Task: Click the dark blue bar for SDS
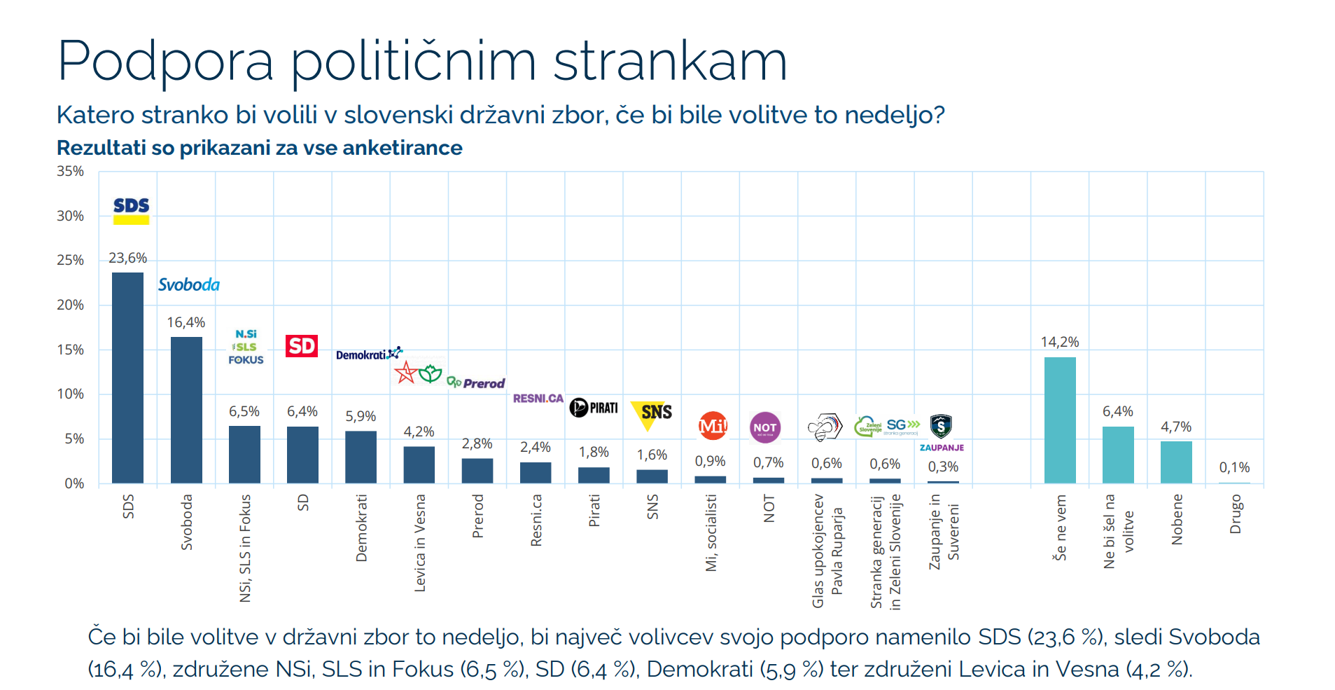(127, 378)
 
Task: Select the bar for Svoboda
(186, 410)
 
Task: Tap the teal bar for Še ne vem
(1060, 420)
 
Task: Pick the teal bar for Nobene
(1176, 462)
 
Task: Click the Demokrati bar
(361, 457)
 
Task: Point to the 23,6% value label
(127, 258)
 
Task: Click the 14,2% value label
(1060, 342)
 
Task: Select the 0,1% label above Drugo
(1234, 467)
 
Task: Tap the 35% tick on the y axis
(70, 172)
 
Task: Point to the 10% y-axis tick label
(70, 394)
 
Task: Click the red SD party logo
(302, 346)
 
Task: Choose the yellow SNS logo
(652, 413)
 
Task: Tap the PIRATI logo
(594, 408)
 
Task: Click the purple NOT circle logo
(764, 427)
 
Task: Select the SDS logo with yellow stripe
(132, 209)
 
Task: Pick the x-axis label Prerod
(477, 516)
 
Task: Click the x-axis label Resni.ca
(536, 520)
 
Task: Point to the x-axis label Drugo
(1235, 514)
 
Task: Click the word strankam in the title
(670, 62)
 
